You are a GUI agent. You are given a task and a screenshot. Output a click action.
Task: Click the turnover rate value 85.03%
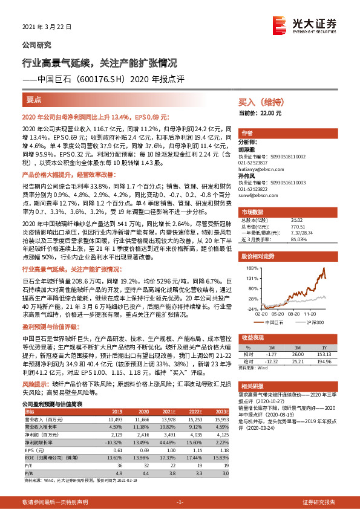pyautogui.click(x=299, y=239)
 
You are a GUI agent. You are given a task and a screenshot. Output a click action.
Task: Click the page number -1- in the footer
pyautogui.click(x=179, y=502)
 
